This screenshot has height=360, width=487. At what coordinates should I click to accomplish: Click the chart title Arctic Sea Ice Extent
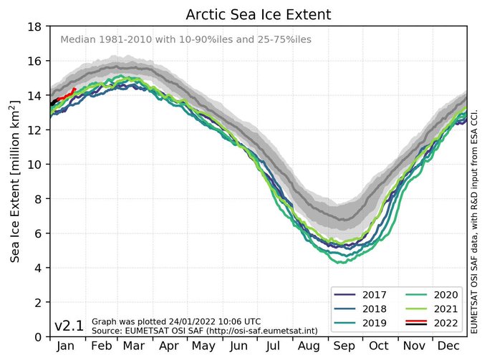[x=259, y=15]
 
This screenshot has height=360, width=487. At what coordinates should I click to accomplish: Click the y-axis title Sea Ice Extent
[x=15, y=181]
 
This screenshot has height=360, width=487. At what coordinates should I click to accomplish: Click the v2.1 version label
[x=69, y=326]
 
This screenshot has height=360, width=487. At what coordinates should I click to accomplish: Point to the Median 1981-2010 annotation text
[x=185, y=40]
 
